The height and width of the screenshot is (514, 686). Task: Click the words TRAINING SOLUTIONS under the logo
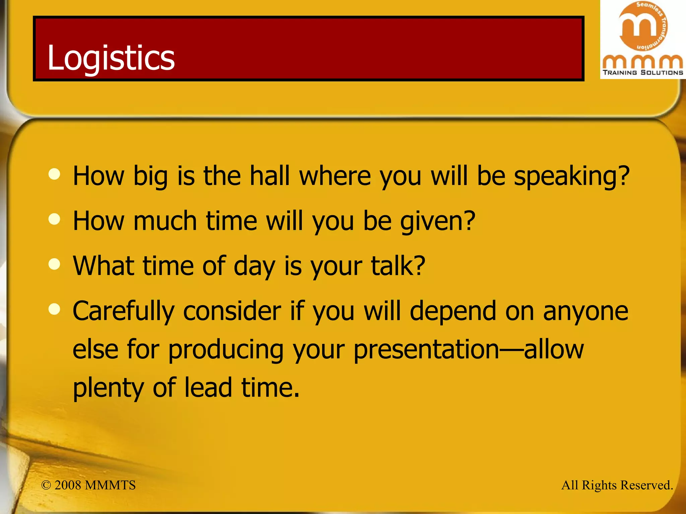[x=643, y=72]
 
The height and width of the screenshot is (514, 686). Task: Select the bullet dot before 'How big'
[x=54, y=174]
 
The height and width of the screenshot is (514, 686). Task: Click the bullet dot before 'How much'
[x=54, y=219]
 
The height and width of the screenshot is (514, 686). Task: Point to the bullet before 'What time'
[x=54, y=264]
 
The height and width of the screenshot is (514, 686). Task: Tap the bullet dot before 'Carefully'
[x=54, y=309]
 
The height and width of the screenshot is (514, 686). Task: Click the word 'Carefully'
[x=124, y=312]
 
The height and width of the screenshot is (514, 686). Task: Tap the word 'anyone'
[x=586, y=312]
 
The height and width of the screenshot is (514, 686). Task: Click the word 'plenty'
[x=108, y=388]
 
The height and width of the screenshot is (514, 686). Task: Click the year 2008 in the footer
[x=68, y=485]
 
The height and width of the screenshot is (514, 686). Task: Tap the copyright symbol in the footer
[x=46, y=485]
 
